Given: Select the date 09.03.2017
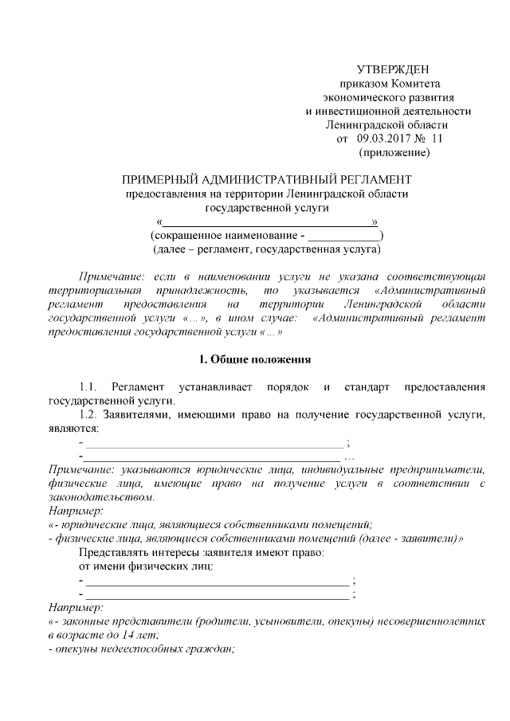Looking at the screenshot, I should [x=383, y=139].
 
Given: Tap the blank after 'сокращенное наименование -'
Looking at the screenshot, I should [x=343, y=236].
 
